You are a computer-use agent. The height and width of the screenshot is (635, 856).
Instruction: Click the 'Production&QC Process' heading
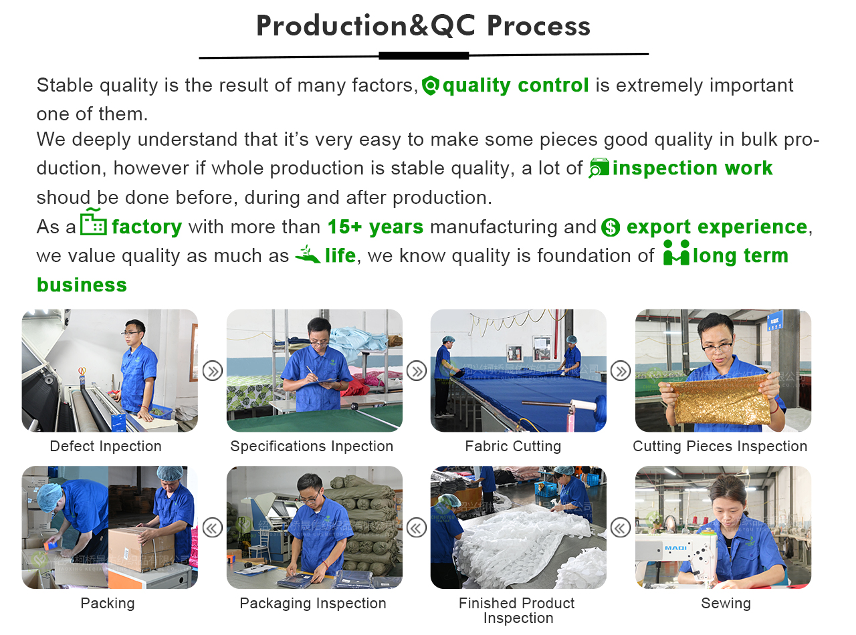[423, 26]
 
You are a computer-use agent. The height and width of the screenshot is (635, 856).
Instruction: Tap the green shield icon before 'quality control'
[430, 86]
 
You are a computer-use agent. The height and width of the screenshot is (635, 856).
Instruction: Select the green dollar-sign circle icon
[611, 227]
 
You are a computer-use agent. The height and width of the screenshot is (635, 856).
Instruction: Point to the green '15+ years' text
[376, 227]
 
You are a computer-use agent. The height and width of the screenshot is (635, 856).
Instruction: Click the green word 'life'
[340, 255]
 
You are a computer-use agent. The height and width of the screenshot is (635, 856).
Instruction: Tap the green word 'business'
[82, 285]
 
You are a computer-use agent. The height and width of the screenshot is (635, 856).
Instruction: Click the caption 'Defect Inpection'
[106, 447]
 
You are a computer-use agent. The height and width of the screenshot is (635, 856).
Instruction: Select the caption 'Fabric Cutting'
[513, 447]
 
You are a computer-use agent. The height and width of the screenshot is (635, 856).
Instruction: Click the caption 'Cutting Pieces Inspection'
[720, 447]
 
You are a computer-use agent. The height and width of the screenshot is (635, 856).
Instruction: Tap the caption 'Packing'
[108, 604]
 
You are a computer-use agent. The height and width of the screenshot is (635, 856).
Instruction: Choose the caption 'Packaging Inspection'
[312, 604]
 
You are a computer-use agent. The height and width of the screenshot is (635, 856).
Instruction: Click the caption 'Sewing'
[726, 604]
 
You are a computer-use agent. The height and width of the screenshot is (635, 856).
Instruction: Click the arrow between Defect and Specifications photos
[212, 371]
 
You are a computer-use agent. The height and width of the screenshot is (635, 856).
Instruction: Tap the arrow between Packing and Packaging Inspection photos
[212, 528]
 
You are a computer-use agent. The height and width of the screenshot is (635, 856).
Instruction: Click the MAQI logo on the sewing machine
[675, 548]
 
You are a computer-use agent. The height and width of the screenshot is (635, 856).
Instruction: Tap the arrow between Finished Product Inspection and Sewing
[621, 528]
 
